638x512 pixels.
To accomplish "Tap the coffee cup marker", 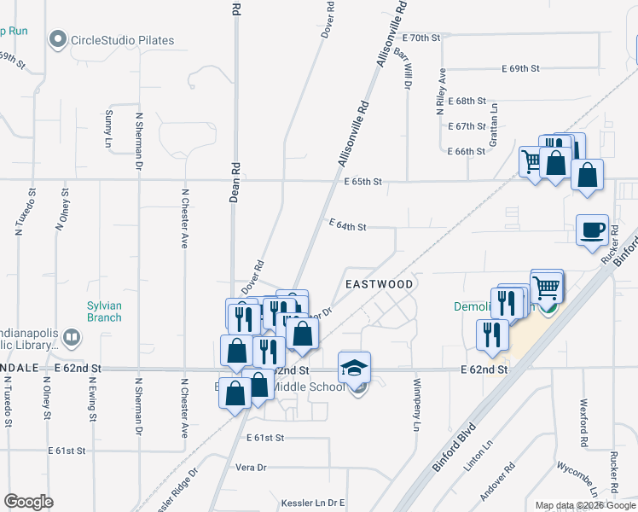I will pos(592,230).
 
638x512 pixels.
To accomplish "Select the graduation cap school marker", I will pos(355,368).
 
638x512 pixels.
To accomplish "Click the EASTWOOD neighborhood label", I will pos(379,284).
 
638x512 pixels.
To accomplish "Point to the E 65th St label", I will pos(363,182).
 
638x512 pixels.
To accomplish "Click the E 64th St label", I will pos(348,227).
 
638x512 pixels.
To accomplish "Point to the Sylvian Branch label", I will pos(104,311).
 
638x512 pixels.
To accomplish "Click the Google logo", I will pos(28,502).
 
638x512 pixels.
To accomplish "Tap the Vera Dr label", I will pos(251,468).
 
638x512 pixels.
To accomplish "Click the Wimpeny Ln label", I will pos(417,404).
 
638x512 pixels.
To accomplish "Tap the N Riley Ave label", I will pos(441,92).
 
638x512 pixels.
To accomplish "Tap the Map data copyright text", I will pos(585,506).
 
